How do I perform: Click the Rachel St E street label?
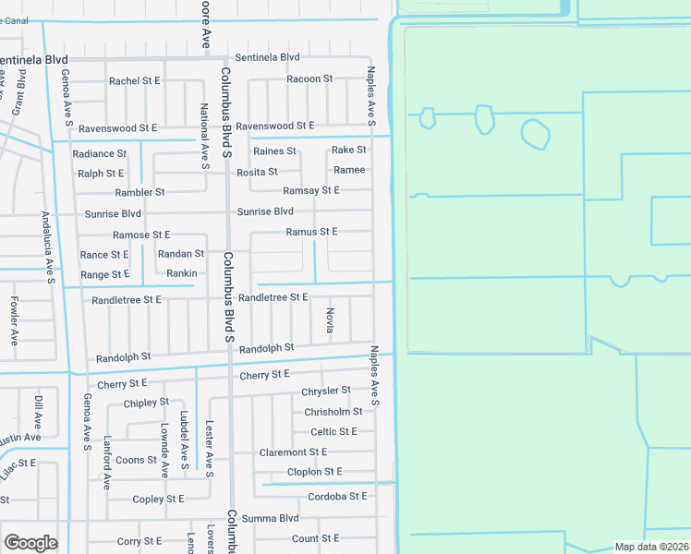[135, 81]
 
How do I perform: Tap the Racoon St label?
[309, 79]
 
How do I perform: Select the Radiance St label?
[99, 154]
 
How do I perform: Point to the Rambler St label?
[139, 192]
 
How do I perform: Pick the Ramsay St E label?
[311, 190]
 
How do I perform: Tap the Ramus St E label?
[311, 232]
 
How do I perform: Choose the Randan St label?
[181, 254]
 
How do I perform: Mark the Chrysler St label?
[326, 391]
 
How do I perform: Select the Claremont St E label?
[294, 452]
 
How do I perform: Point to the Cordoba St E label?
[337, 496]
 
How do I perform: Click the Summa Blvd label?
[271, 519]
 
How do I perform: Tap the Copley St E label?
[159, 500]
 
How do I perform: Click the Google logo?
[30, 543]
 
